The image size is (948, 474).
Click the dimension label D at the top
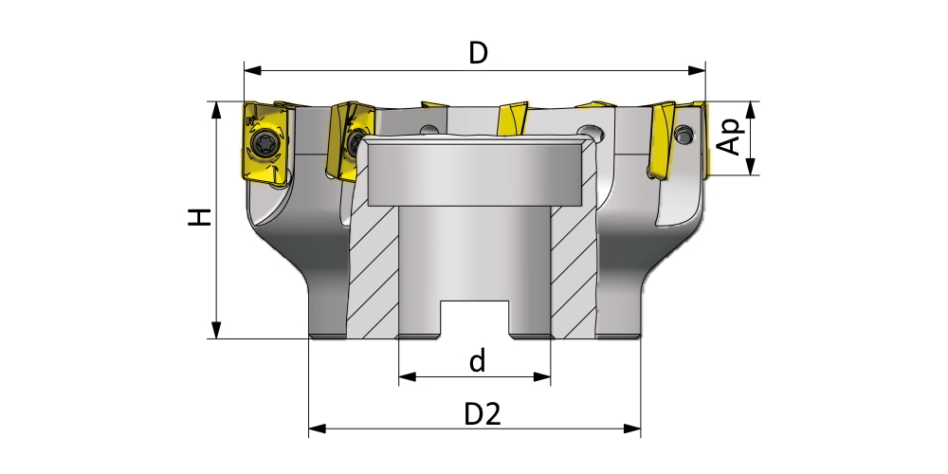[478, 53]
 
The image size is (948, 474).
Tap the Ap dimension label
[728, 137]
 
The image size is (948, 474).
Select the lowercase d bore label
[477, 360]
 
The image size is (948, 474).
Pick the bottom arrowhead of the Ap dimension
[751, 168]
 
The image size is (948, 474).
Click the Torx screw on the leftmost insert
[264, 145]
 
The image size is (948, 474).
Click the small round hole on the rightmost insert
[685, 137]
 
